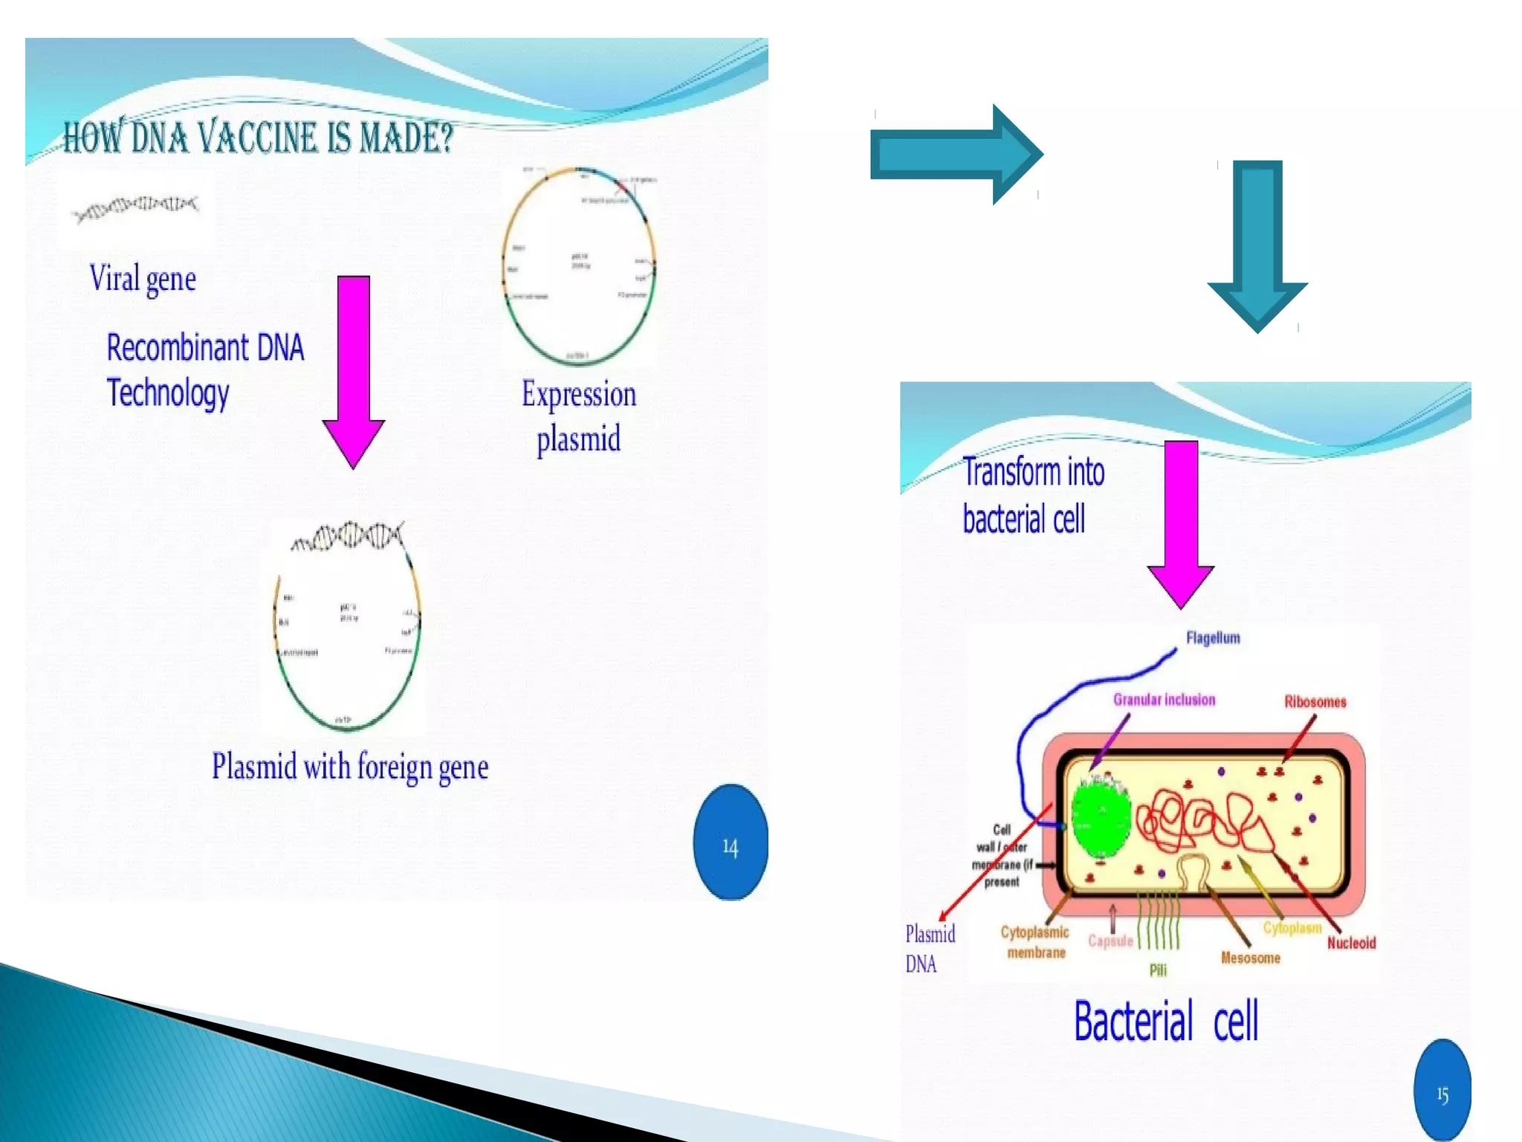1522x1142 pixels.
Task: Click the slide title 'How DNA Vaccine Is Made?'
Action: point(258,138)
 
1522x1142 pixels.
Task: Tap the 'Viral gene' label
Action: point(143,279)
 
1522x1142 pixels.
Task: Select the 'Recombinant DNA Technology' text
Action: point(204,370)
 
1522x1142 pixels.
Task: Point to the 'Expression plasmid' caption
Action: point(579,416)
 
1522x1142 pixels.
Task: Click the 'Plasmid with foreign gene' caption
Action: point(350,767)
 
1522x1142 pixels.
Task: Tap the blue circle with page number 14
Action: point(730,842)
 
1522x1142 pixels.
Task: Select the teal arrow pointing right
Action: point(956,154)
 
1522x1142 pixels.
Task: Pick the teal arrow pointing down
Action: point(1257,245)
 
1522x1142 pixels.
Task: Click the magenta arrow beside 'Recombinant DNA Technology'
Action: point(354,370)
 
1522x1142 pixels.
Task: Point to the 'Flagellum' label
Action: point(1213,638)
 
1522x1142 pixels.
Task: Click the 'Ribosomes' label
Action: point(1315,702)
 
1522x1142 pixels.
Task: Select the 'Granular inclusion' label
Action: point(1164,700)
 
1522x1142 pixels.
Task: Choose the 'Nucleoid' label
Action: point(1351,943)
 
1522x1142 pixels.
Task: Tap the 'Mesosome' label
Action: point(1250,958)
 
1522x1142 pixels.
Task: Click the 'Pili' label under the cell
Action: point(1158,970)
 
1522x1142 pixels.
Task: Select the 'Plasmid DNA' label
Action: point(929,949)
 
